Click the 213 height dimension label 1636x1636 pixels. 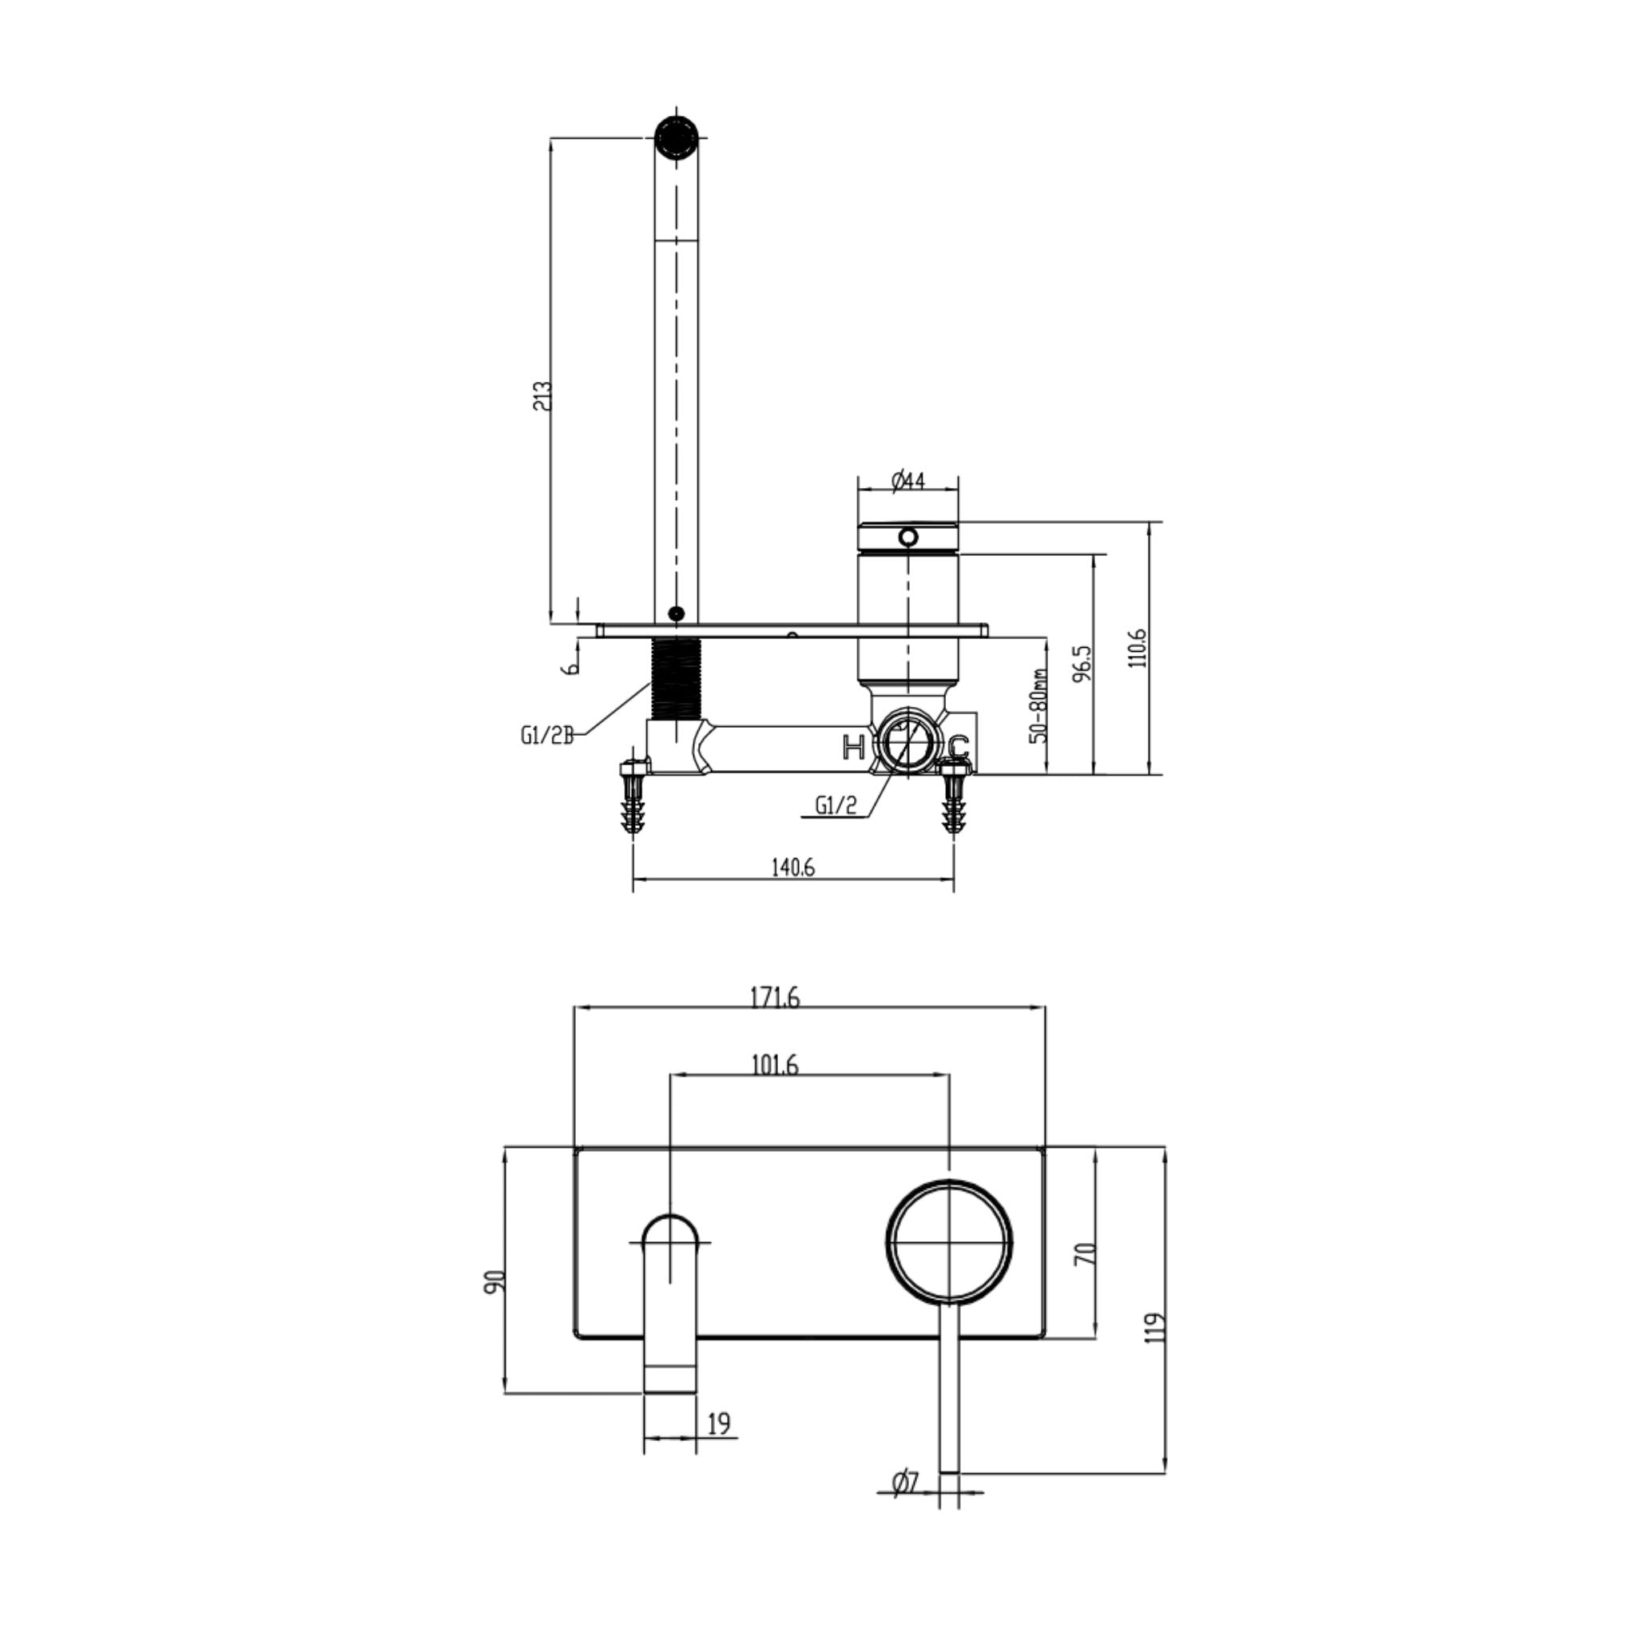(542, 396)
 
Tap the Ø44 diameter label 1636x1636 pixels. (907, 481)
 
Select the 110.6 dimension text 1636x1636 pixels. (1138, 648)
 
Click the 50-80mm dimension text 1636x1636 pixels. (1039, 705)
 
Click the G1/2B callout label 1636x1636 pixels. (546, 736)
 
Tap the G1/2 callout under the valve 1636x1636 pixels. (835, 805)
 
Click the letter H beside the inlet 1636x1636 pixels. (852, 747)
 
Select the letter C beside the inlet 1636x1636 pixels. (958, 748)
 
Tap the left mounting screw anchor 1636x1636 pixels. (632, 796)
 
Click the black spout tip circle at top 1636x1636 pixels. (677, 137)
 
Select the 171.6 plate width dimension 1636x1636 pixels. (775, 999)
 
